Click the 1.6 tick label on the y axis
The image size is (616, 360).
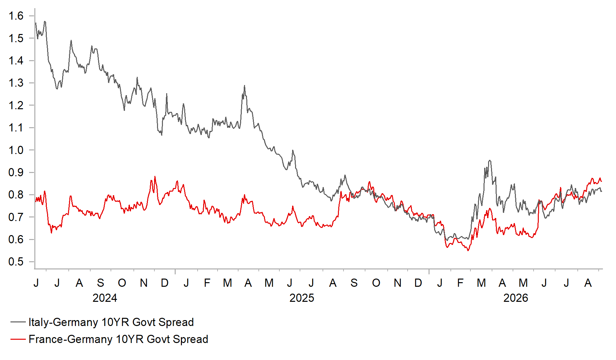pyautogui.click(x=16, y=16)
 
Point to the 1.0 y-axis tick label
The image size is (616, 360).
pyautogui.click(x=16, y=150)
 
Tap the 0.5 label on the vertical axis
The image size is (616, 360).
pyautogui.click(x=16, y=262)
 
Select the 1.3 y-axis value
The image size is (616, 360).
pyautogui.click(x=16, y=83)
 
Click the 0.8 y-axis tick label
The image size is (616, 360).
pyautogui.click(x=16, y=195)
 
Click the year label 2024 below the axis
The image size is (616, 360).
pyautogui.click(x=105, y=298)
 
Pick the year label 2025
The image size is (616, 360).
pyautogui.click(x=302, y=298)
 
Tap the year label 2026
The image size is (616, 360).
pyautogui.click(x=516, y=298)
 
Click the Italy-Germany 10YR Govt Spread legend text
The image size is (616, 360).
pyautogui.click(x=111, y=322)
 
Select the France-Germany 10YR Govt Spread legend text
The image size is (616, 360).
pyautogui.click(x=118, y=339)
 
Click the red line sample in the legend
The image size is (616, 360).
pyautogui.click(x=18, y=339)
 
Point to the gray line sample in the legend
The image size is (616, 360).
pyautogui.click(x=18, y=322)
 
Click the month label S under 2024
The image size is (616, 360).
pyautogui.click(x=100, y=283)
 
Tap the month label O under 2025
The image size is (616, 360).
pyautogui.click(x=376, y=283)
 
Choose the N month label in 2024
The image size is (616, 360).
pyautogui.click(x=144, y=283)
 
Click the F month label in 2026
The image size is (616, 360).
pyautogui.click(x=460, y=283)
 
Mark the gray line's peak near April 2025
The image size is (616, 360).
pyautogui.click(x=244, y=86)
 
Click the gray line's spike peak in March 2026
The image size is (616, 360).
pyautogui.click(x=490, y=160)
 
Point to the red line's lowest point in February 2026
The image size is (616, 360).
pyautogui.click(x=468, y=250)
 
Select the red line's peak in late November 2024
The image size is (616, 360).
pyautogui.click(x=155, y=177)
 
